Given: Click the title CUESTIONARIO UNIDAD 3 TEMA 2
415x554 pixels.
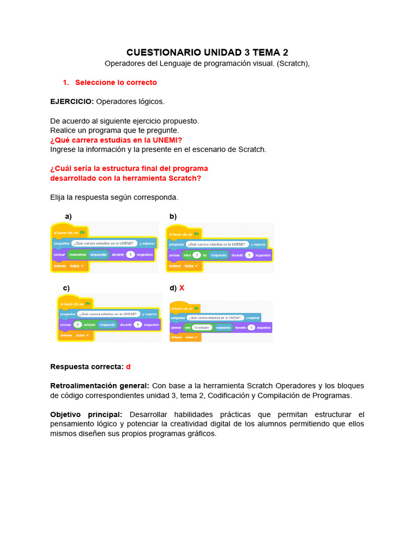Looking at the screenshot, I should [207, 52].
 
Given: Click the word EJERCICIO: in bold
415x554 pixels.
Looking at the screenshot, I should [72, 101].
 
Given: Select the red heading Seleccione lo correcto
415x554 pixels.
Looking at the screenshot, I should [116, 82].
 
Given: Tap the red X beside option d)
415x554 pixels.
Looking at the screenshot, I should [182, 288].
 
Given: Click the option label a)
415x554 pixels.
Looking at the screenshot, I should [68, 216].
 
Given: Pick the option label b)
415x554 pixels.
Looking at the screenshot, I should [173, 216].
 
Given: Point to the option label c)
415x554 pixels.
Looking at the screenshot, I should [66, 288].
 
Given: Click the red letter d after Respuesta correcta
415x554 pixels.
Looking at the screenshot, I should [129, 366].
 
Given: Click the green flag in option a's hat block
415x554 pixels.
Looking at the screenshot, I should [83, 233].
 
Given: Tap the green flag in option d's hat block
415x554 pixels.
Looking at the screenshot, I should [197, 309].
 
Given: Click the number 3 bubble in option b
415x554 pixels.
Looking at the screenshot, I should [197, 255].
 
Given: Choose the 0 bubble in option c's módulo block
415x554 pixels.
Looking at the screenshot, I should [78, 325].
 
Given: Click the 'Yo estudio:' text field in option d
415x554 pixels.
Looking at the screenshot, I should [202, 328].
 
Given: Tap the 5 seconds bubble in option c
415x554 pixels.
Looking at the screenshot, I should [138, 325].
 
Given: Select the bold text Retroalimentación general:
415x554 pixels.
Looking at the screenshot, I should [99, 386].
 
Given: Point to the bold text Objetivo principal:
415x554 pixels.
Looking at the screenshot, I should [86, 414].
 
